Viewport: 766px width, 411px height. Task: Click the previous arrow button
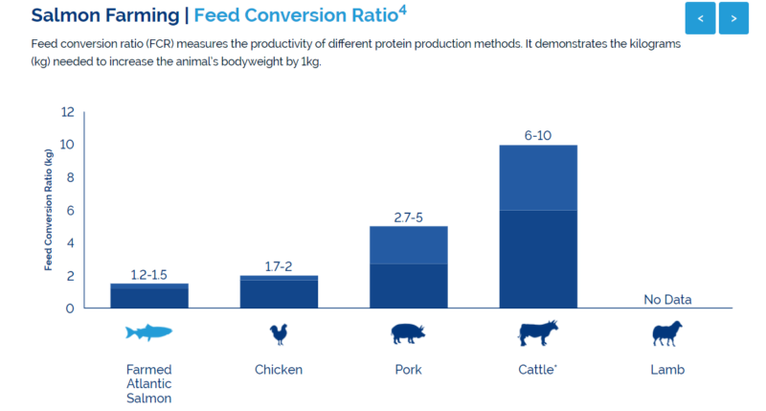[x=701, y=17]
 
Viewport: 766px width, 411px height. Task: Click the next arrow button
[x=733, y=17]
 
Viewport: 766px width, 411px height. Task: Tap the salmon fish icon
[x=148, y=332]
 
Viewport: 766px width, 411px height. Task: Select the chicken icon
[x=279, y=333]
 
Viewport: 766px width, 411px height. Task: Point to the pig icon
[x=407, y=333]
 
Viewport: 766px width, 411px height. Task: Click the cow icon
[x=537, y=333]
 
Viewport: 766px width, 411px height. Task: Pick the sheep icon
[x=666, y=333]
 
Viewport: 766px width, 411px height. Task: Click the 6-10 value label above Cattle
[x=538, y=135]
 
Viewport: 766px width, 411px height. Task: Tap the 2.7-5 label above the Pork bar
[x=408, y=217]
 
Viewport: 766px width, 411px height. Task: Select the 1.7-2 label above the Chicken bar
[x=279, y=266]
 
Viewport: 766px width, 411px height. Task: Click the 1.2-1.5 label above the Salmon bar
[x=149, y=275]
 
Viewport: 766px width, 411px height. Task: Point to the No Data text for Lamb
[x=667, y=299]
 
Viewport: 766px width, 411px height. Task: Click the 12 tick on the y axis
[x=67, y=112]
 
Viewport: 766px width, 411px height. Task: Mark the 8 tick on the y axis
[x=67, y=177]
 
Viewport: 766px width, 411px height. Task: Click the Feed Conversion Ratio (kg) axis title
[x=49, y=210]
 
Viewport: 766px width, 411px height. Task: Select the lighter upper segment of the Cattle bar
[x=538, y=177]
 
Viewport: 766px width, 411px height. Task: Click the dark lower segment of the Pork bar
[x=408, y=285]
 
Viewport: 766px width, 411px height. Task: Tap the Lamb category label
[x=667, y=369]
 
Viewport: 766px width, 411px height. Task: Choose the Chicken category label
[x=279, y=369]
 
